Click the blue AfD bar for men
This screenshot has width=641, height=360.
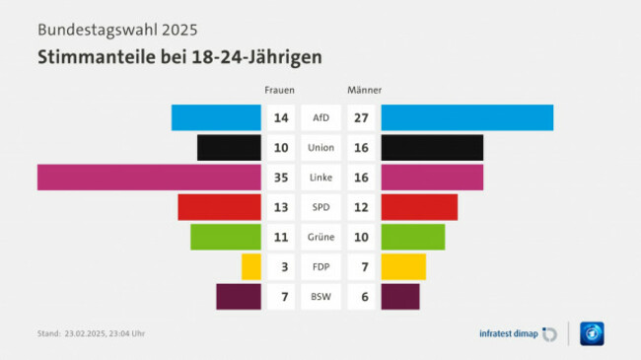pyautogui.click(x=466, y=117)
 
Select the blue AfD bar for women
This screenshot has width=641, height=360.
pyautogui.click(x=216, y=117)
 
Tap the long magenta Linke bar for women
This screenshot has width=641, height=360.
pyautogui.click(x=149, y=178)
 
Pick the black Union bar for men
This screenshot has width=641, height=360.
pyautogui.click(x=432, y=147)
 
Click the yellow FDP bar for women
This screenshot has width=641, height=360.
pyautogui.click(x=251, y=266)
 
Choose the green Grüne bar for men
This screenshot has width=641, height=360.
pyautogui.click(x=412, y=237)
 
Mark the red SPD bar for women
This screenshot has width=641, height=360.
pyautogui.click(x=219, y=207)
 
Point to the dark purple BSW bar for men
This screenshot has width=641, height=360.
pyautogui.click(x=399, y=296)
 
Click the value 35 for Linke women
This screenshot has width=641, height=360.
pyautogui.click(x=281, y=178)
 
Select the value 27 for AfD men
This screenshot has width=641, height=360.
pyautogui.click(x=361, y=117)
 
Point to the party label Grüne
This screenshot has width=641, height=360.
pyautogui.click(x=320, y=237)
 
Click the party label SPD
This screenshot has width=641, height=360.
pyautogui.click(x=320, y=207)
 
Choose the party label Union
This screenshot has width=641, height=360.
pyautogui.click(x=320, y=147)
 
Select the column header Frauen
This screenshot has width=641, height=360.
pyautogui.click(x=279, y=90)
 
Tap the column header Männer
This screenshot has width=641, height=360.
pyautogui.click(x=365, y=90)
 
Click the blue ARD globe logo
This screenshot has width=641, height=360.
pyautogui.click(x=591, y=333)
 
